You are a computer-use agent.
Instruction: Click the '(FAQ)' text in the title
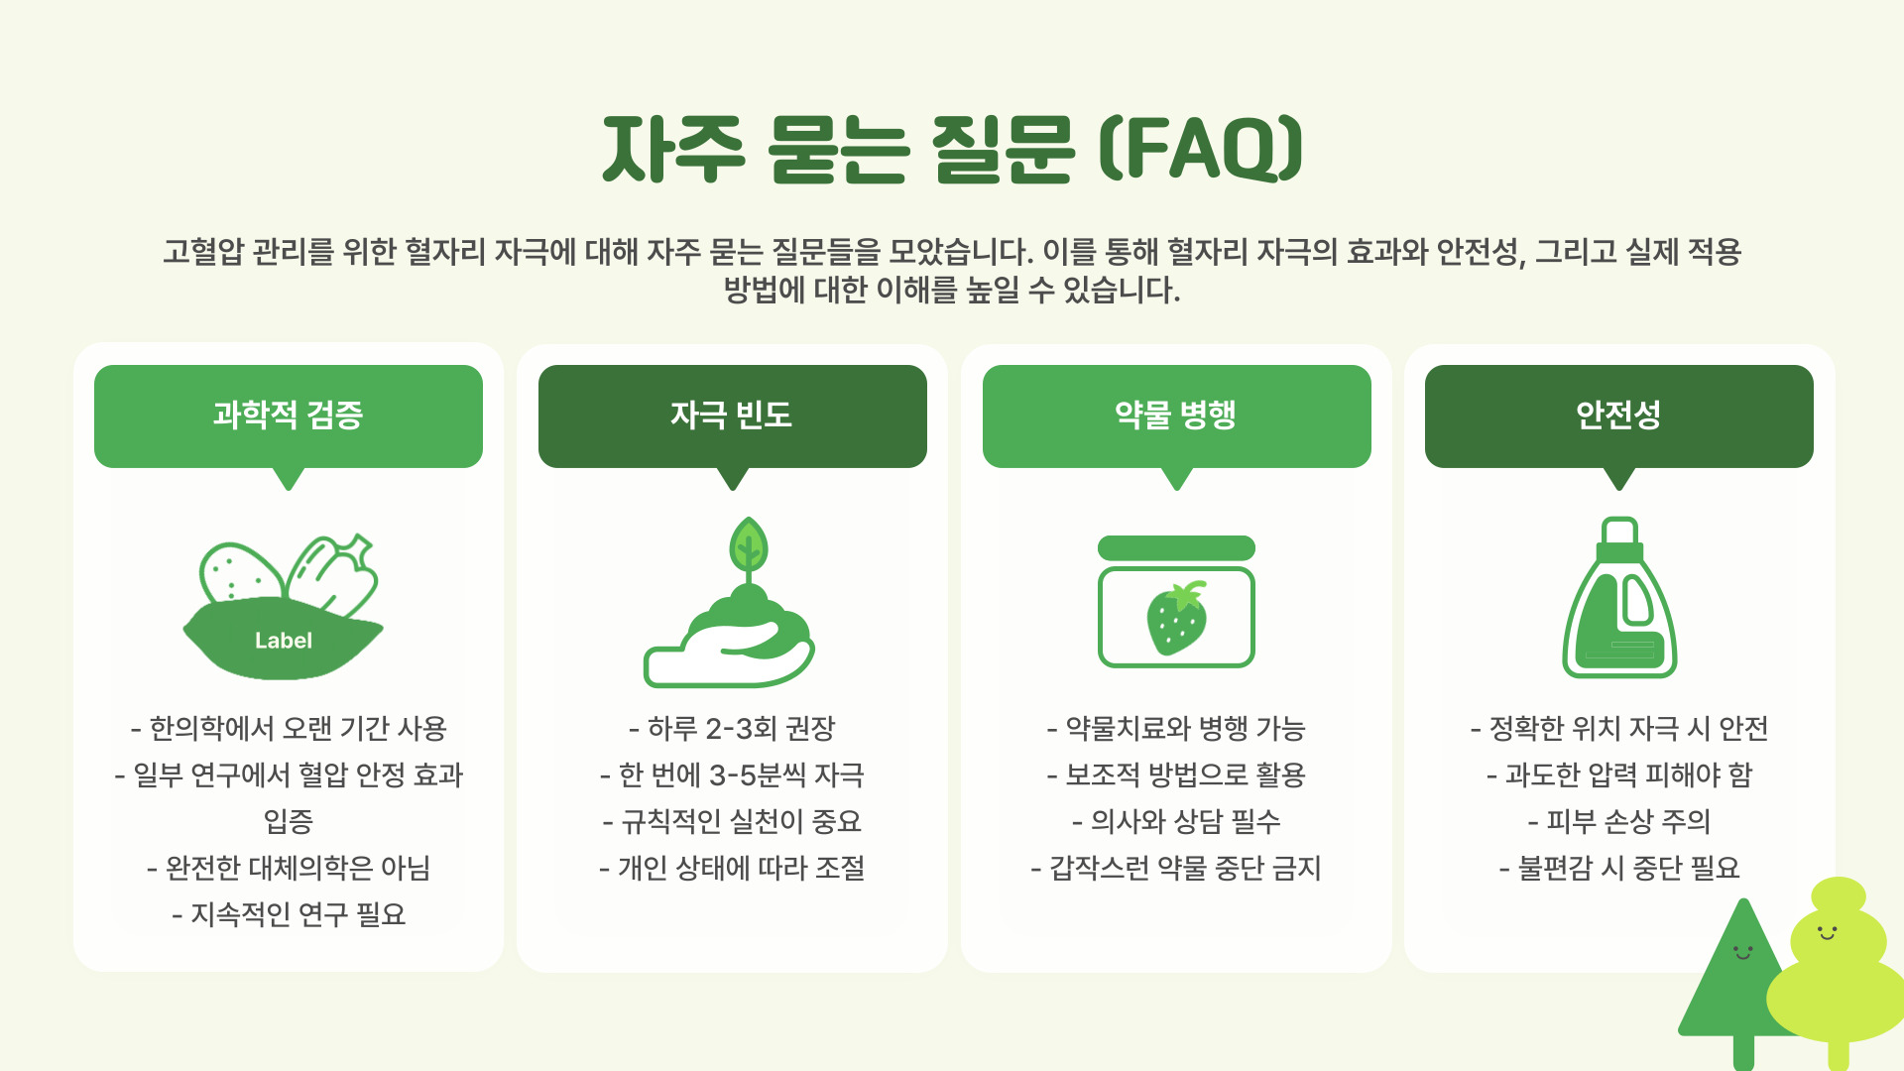(x=1200, y=149)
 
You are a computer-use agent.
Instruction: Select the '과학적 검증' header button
(x=289, y=416)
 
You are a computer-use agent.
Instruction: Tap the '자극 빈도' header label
(x=732, y=416)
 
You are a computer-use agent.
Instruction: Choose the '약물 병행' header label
(x=1176, y=416)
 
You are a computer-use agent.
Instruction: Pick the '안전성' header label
(x=1618, y=416)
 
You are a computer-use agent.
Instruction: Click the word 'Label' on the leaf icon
(x=284, y=641)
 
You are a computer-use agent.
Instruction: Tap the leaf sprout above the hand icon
(x=749, y=545)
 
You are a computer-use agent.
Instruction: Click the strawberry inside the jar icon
(x=1176, y=618)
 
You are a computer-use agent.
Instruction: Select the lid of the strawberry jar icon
(x=1176, y=548)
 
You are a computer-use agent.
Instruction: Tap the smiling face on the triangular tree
(x=1742, y=953)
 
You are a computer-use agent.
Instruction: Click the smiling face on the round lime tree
(x=1827, y=932)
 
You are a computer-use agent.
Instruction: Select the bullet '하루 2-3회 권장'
(x=732, y=729)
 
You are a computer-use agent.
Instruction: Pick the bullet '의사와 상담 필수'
(x=1176, y=821)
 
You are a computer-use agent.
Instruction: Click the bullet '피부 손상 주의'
(x=1618, y=821)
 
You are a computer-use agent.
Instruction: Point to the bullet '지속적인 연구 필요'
(x=289, y=914)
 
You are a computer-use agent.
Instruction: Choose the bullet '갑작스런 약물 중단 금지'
(x=1176, y=869)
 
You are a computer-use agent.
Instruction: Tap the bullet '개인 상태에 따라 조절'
(x=732, y=869)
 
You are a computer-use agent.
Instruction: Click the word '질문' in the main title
(x=1003, y=149)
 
